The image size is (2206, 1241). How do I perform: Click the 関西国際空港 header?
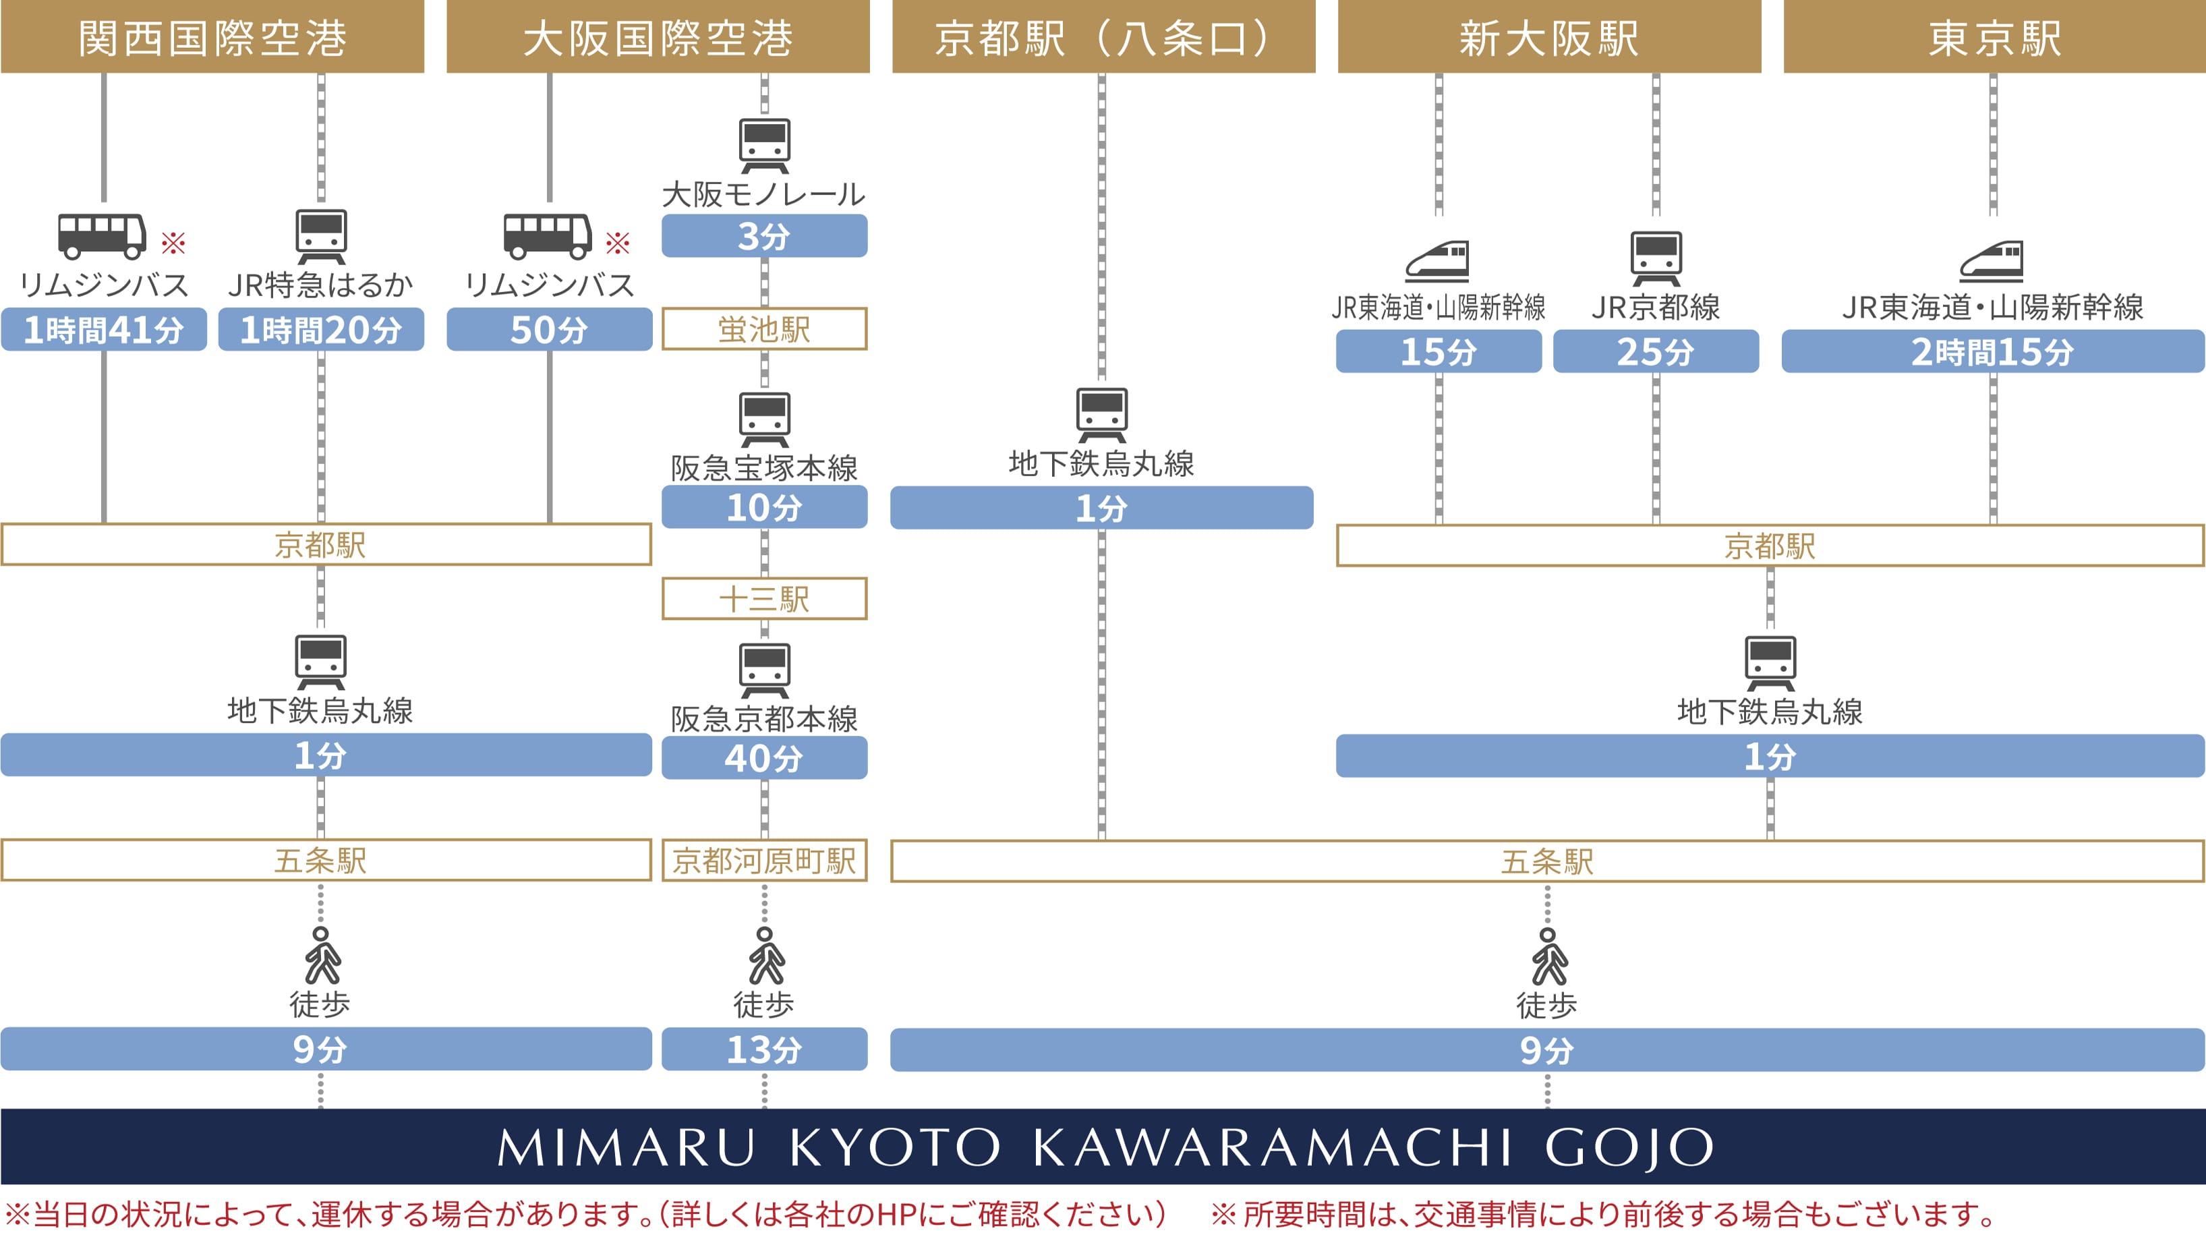pos(212,37)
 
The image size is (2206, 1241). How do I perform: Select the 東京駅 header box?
pos(1994,37)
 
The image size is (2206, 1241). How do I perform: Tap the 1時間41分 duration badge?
pos(104,330)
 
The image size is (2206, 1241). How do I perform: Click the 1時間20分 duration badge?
pos(321,330)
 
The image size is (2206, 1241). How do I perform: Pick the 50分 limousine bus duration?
pos(549,330)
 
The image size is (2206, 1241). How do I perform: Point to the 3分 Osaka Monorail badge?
pos(764,236)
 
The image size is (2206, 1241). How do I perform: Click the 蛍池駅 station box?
pos(764,330)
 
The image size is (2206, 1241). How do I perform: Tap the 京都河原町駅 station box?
pos(764,861)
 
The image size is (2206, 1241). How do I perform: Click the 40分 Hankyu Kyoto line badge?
pos(764,758)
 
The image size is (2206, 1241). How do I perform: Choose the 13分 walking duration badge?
pos(764,1049)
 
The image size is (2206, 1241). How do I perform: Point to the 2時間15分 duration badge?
pos(1993,352)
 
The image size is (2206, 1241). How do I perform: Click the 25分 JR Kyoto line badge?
pos(1656,352)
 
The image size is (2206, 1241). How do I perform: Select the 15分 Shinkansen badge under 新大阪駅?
pos(1439,352)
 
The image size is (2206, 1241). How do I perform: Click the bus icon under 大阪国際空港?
pos(547,236)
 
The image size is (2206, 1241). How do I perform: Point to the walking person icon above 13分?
pos(765,956)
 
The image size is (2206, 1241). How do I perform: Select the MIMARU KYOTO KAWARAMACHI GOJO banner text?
pos(1104,1147)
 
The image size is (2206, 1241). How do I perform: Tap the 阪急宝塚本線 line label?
pos(764,467)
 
